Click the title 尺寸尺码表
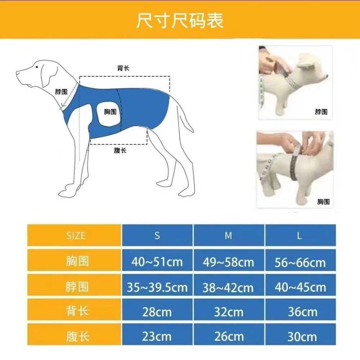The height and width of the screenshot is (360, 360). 180,21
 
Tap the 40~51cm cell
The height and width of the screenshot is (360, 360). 157,262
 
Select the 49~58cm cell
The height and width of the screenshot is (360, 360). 228,262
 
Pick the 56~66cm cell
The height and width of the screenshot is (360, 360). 300,262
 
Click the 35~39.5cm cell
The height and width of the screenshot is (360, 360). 157,287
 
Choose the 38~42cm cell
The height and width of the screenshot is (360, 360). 228,287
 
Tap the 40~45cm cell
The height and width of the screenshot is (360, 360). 300,287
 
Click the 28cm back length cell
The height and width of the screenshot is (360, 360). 157,312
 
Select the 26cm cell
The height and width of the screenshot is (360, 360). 228,337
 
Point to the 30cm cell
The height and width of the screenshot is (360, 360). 300,337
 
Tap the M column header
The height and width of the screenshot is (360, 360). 228,236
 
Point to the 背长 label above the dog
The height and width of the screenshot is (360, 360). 123,68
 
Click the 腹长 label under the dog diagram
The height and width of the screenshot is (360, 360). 120,150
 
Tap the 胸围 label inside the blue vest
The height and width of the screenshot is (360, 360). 110,112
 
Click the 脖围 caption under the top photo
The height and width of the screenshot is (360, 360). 321,112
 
